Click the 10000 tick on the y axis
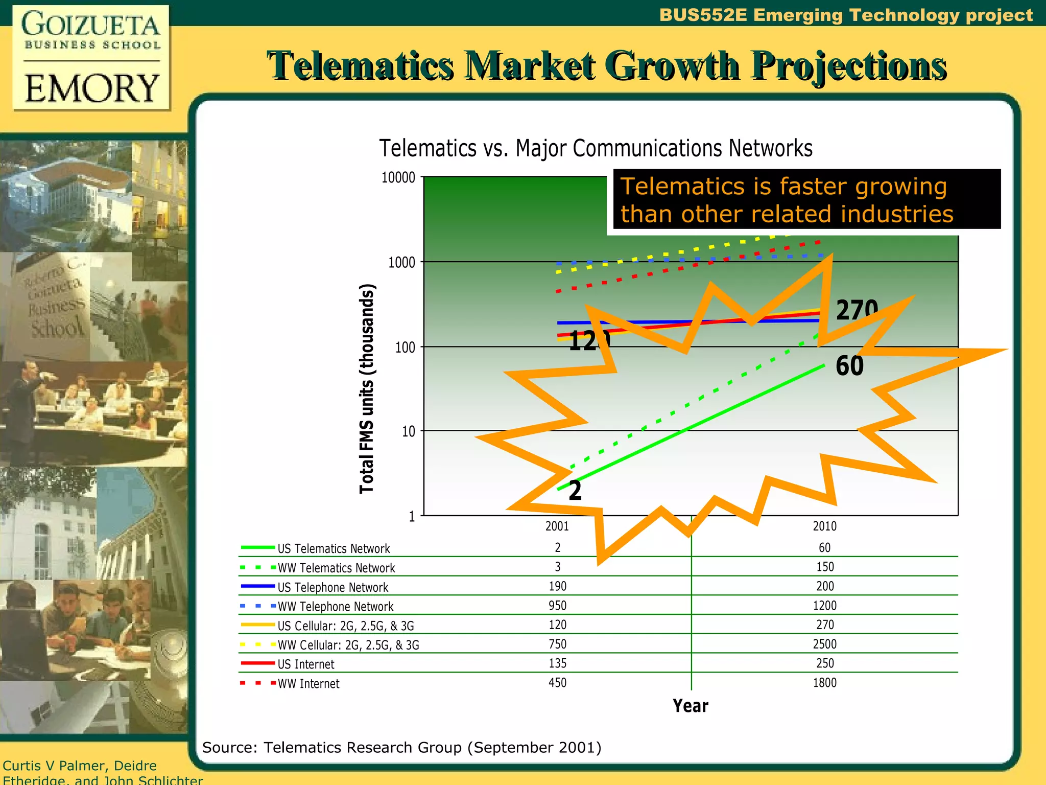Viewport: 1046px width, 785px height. click(x=398, y=178)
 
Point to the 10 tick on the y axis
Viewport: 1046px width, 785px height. click(x=408, y=432)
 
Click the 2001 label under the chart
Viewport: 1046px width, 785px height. click(x=557, y=526)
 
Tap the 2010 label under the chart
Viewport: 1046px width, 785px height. click(x=824, y=526)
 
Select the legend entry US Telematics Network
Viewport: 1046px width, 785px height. click(x=333, y=549)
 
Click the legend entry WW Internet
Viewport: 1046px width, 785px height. click(x=308, y=684)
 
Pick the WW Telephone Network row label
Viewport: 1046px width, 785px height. click(x=335, y=607)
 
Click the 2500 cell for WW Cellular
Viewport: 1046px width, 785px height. click(x=824, y=644)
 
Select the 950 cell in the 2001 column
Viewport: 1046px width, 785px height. click(x=557, y=606)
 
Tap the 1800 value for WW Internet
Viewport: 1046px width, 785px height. click(x=824, y=683)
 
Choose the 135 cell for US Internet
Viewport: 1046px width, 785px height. click(x=557, y=663)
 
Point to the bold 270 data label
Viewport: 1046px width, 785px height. click(x=857, y=310)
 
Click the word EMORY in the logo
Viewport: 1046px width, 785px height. click(x=92, y=88)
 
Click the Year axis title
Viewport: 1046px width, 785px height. click(x=690, y=706)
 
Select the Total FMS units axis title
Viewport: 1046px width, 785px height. click(x=367, y=388)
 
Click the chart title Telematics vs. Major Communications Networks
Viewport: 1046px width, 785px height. click(x=596, y=149)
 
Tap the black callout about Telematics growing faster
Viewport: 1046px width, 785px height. click(x=806, y=200)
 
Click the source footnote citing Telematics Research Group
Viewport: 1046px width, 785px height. click(x=401, y=748)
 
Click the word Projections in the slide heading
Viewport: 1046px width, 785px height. click(x=848, y=66)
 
